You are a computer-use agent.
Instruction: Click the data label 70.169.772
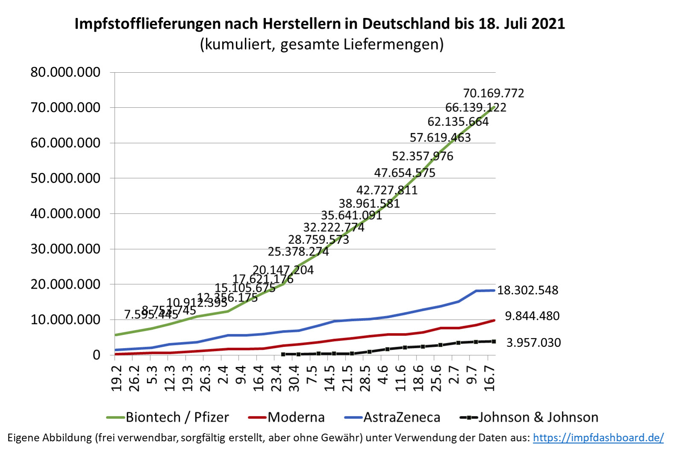(494, 93)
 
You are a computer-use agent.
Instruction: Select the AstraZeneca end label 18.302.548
(528, 290)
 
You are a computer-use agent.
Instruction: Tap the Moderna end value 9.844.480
(532, 316)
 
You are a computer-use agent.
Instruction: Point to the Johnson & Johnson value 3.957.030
(533, 343)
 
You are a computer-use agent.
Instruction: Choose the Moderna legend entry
(287, 417)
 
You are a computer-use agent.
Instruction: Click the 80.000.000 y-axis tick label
(65, 72)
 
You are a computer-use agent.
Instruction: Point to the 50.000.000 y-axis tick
(65, 178)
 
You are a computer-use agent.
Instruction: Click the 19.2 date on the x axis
(116, 378)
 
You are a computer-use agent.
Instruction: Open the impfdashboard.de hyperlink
(598, 437)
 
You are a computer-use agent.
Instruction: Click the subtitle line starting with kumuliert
(321, 44)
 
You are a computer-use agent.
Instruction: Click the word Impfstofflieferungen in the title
(147, 24)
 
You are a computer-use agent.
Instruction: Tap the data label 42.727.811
(387, 190)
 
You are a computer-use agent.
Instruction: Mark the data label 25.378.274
(298, 251)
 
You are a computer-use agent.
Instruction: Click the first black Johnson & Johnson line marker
(283, 354)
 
